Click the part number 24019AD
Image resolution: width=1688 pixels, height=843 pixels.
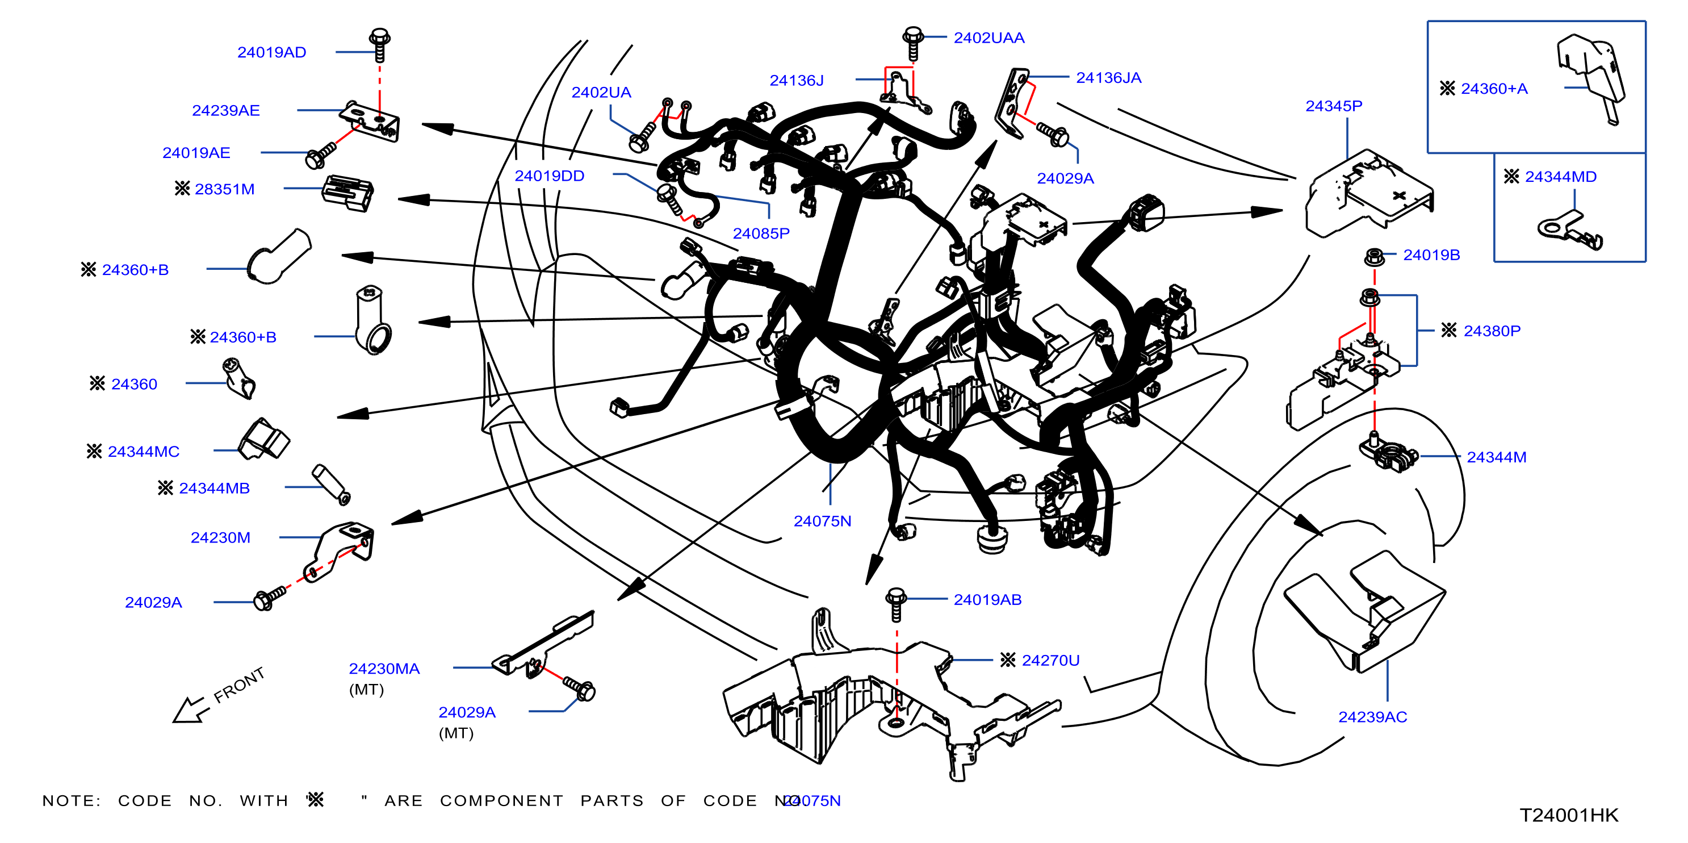(x=271, y=52)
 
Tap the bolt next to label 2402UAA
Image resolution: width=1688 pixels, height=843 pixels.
(x=913, y=43)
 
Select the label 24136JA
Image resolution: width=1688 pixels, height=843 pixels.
(x=1109, y=78)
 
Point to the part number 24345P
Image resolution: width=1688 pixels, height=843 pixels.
(x=1334, y=106)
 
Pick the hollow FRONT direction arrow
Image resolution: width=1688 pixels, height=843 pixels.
(x=191, y=710)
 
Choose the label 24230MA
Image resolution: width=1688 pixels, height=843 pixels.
(x=384, y=669)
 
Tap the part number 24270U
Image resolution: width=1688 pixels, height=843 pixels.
(x=1050, y=661)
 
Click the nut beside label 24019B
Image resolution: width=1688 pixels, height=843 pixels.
(x=1373, y=257)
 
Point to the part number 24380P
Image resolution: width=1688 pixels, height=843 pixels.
(x=1492, y=331)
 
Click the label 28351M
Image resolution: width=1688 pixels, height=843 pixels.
(x=224, y=189)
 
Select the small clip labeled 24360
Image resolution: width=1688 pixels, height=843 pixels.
(x=238, y=378)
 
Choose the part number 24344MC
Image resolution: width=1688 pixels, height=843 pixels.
(x=144, y=452)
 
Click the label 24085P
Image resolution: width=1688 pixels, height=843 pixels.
(x=761, y=233)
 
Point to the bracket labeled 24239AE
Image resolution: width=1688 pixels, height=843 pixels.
(x=370, y=120)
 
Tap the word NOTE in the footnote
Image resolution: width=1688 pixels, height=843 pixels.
(x=72, y=801)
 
